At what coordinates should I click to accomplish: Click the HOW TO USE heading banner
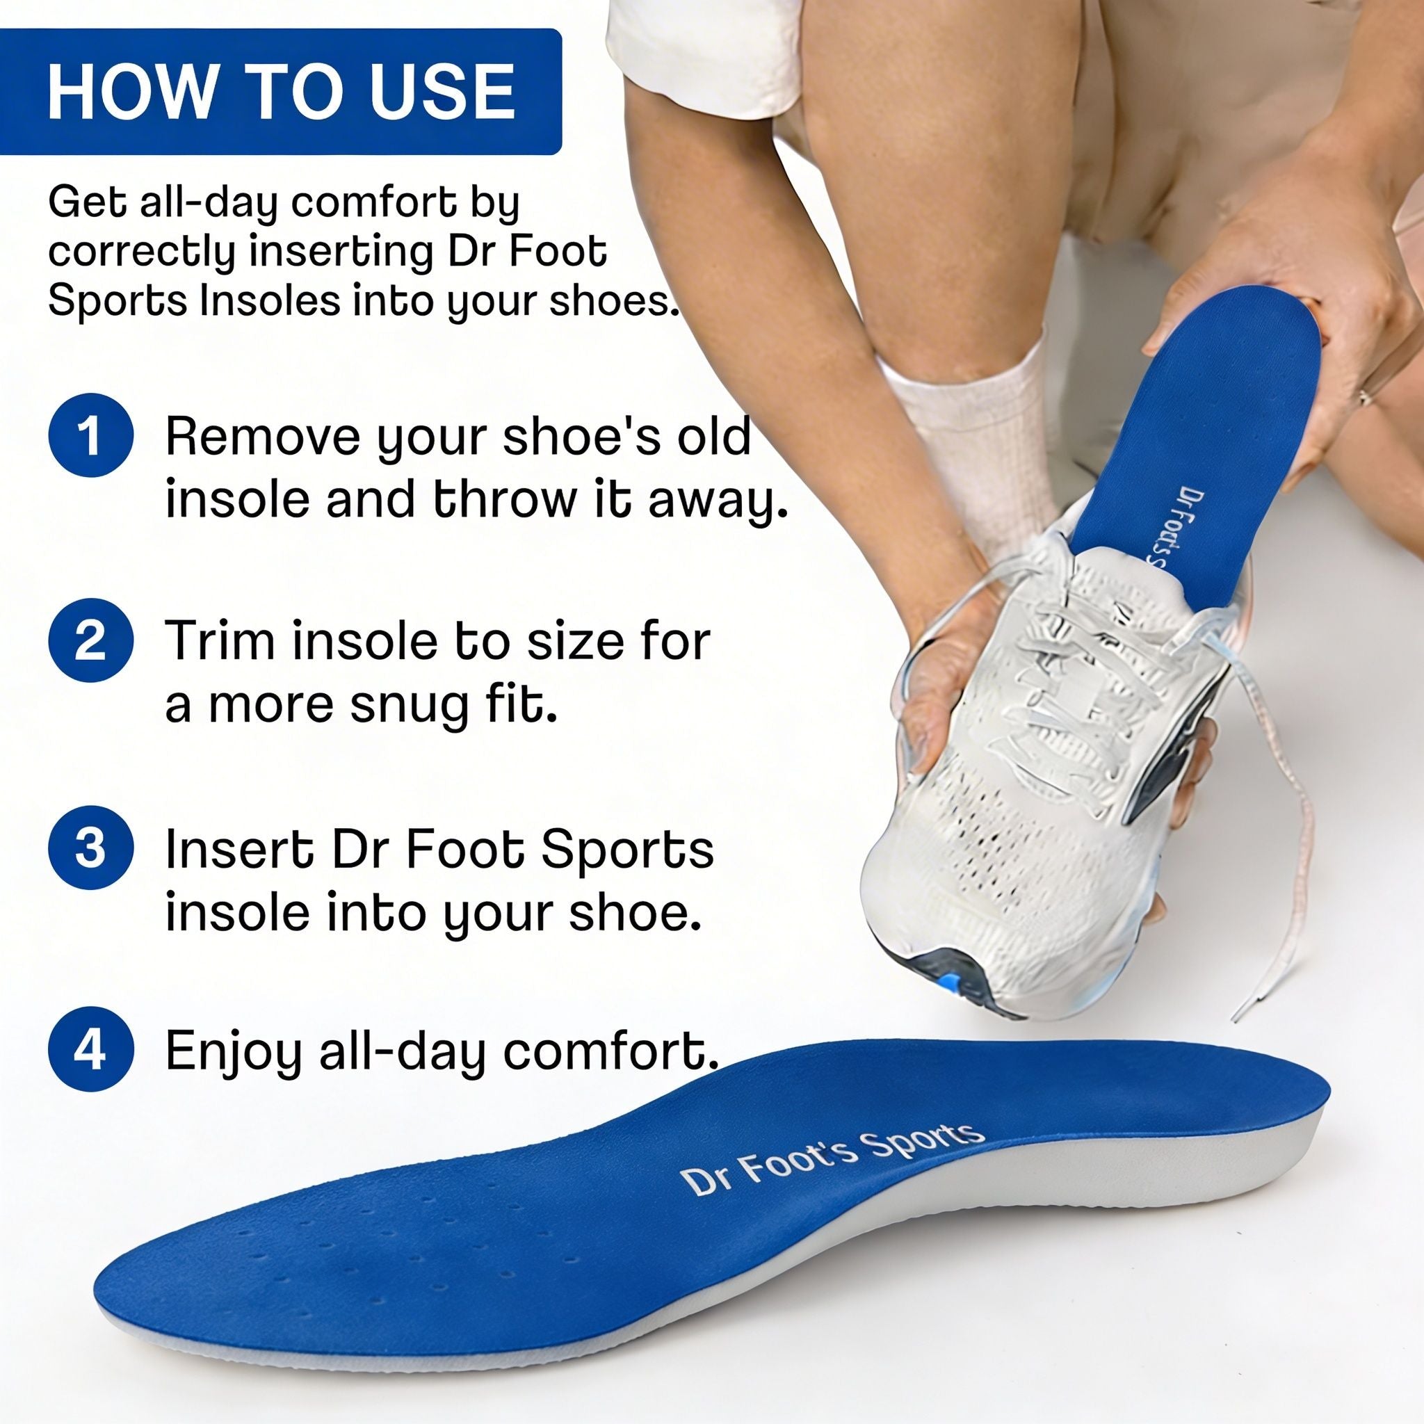coord(280,91)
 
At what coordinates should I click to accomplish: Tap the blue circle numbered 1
coord(90,435)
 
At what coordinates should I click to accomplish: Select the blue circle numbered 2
coord(90,640)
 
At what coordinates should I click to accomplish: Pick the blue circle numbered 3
coord(90,847)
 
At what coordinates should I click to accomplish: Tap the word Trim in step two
coord(221,640)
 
